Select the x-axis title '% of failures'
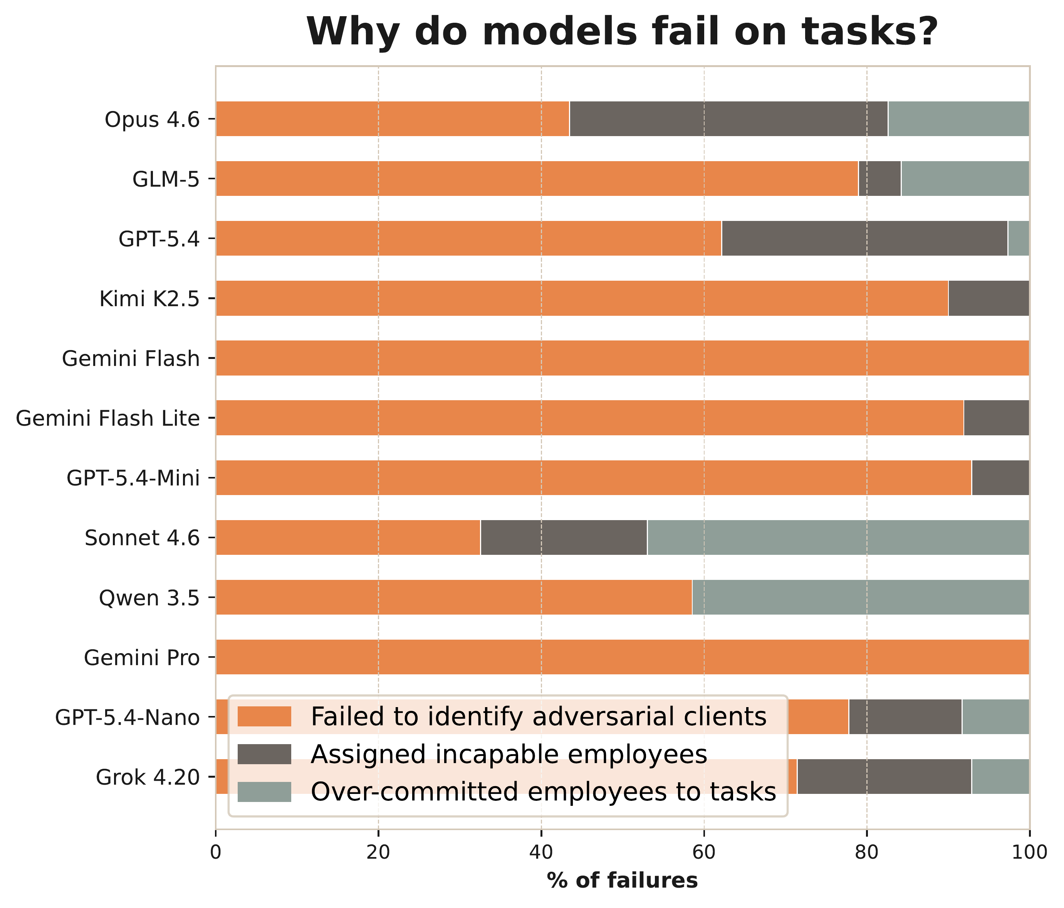click(x=623, y=881)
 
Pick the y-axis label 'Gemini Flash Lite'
click(x=107, y=419)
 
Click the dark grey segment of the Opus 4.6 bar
click(x=728, y=119)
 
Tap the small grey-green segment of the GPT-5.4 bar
click(x=1018, y=238)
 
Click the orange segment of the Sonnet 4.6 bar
click(x=347, y=537)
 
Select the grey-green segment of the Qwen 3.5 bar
click(x=860, y=597)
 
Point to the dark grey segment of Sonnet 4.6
click(x=563, y=537)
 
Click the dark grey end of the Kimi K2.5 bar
click(x=988, y=298)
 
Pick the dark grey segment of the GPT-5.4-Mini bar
click(x=1000, y=478)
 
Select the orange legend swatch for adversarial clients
click(x=265, y=716)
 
